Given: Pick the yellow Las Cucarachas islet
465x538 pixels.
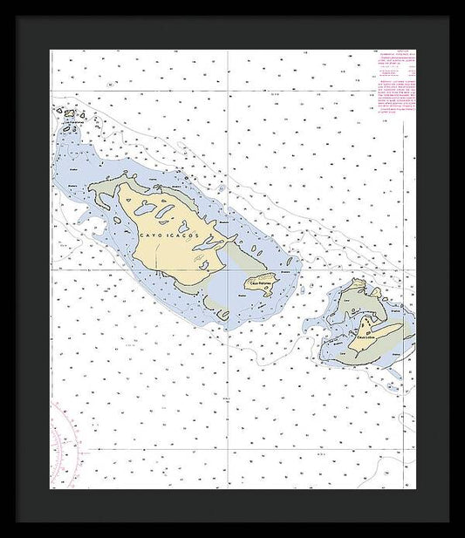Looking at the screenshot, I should [x=69, y=112].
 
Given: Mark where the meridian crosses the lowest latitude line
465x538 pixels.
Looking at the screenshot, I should [x=229, y=449].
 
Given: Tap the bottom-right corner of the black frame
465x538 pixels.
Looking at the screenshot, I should [x=449, y=522].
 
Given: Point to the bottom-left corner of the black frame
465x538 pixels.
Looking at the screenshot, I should [x=16, y=522].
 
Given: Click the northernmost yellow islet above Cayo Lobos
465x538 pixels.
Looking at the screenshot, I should [x=358, y=283].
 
